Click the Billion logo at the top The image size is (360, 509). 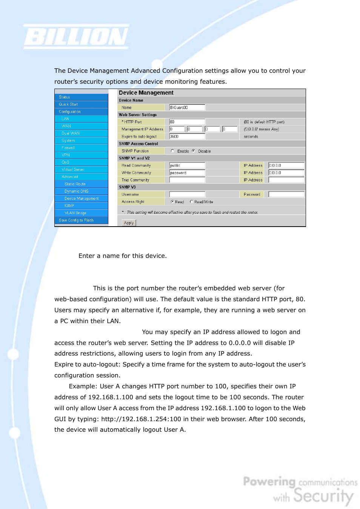[76, 37]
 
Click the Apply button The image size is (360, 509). [129, 223]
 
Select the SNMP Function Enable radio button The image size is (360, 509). [172, 151]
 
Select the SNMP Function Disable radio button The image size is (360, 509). [194, 151]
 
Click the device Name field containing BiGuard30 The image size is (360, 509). [187, 107]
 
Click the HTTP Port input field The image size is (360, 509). [187, 122]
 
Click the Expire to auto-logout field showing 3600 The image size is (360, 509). [187, 136]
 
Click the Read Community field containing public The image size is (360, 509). [187, 166]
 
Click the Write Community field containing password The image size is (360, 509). [187, 173]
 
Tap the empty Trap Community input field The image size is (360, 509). [187, 180]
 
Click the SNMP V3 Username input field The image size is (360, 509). [187, 195]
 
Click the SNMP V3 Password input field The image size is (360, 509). [286, 195]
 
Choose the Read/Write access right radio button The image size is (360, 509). [191, 202]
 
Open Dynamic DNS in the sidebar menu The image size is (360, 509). [76, 191]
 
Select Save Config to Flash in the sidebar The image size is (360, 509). [76, 220]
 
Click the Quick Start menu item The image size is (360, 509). [68, 104]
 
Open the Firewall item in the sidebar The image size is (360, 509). [68, 148]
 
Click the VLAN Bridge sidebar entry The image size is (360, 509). [75, 213]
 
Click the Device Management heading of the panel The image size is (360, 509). [146, 93]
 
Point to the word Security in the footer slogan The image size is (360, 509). [323, 495]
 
